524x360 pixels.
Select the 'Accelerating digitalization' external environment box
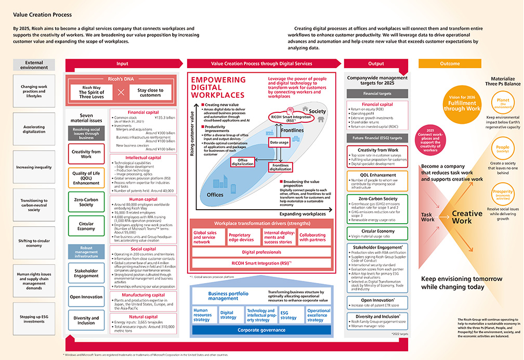pos(34,130)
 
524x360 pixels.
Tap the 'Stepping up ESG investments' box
pos(34,319)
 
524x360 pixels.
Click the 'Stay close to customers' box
pos(150,93)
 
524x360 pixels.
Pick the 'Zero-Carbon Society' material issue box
pos(86,201)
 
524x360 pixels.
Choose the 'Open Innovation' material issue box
pos(86,296)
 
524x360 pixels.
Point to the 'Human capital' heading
pos(143,198)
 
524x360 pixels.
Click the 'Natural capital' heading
pos(143,316)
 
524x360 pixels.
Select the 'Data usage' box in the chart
pos(279,142)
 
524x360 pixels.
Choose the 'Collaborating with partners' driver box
pos(312,238)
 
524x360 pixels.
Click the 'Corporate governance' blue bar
pos(261,329)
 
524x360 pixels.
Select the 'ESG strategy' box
pos(289,314)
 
